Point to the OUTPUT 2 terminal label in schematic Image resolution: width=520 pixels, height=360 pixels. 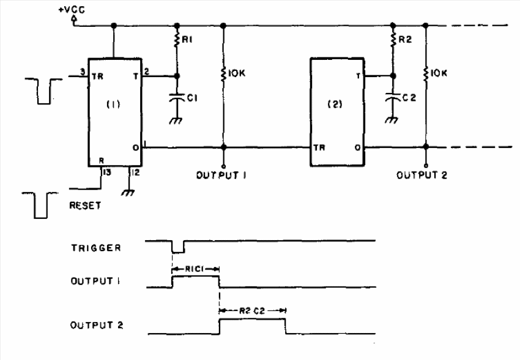(x=422, y=175)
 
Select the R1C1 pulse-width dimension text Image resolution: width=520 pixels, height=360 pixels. (x=196, y=268)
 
